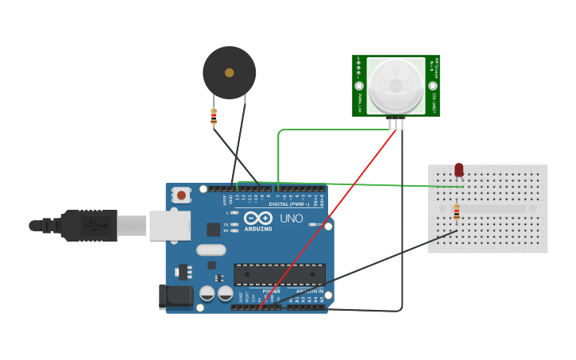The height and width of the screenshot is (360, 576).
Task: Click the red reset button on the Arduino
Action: [x=182, y=195]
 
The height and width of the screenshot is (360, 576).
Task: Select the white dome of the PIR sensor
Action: [x=396, y=85]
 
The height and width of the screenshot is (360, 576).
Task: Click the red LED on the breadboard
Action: [x=459, y=169]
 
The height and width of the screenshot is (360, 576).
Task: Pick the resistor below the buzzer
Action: [x=214, y=117]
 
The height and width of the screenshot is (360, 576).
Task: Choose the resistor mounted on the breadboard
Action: [x=456, y=212]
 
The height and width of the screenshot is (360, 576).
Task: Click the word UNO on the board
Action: [x=291, y=218]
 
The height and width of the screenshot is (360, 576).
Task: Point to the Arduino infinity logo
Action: [x=257, y=218]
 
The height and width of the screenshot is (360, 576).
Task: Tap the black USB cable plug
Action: [x=88, y=226]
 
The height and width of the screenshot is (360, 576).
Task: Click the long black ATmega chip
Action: [x=279, y=275]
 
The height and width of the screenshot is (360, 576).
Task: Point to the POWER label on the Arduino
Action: [x=271, y=291]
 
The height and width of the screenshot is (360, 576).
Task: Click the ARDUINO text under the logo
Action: [x=258, y=229]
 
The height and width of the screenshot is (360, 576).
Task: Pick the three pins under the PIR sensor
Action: [x=396, y=122]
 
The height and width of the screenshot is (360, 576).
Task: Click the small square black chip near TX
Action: [x=213, y=230]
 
